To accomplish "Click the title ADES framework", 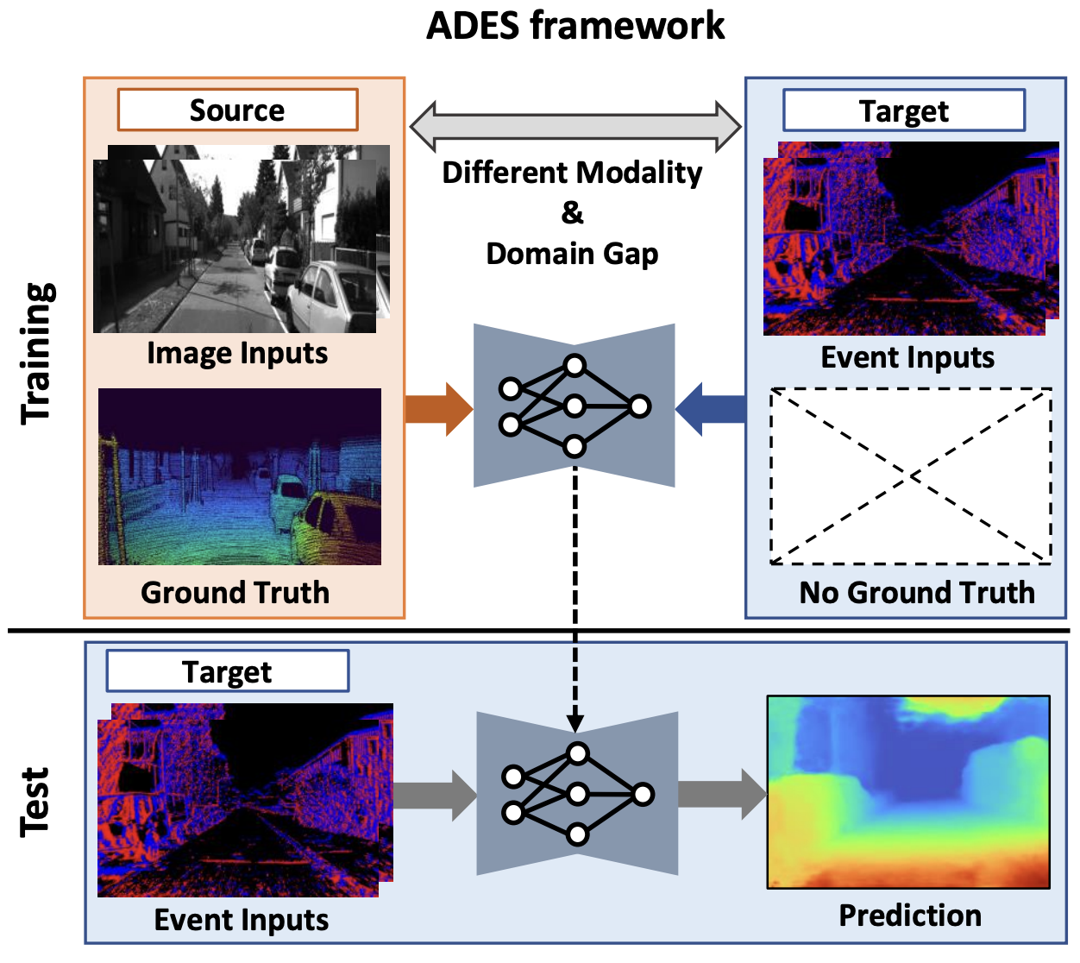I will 575,26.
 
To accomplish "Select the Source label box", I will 237,110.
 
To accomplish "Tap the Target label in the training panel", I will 903,111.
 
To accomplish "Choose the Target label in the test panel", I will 227,671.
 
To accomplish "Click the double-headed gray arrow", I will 575,127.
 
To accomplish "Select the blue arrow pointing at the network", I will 710,409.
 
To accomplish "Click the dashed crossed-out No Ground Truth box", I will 911,475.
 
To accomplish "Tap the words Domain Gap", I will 572,254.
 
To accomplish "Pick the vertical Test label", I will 35,802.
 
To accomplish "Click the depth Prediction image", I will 908,791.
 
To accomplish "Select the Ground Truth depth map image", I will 240,477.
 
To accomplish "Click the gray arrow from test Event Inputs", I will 434,795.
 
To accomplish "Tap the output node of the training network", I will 639,406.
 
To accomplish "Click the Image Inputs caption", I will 237,353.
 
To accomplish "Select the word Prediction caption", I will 910,915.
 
